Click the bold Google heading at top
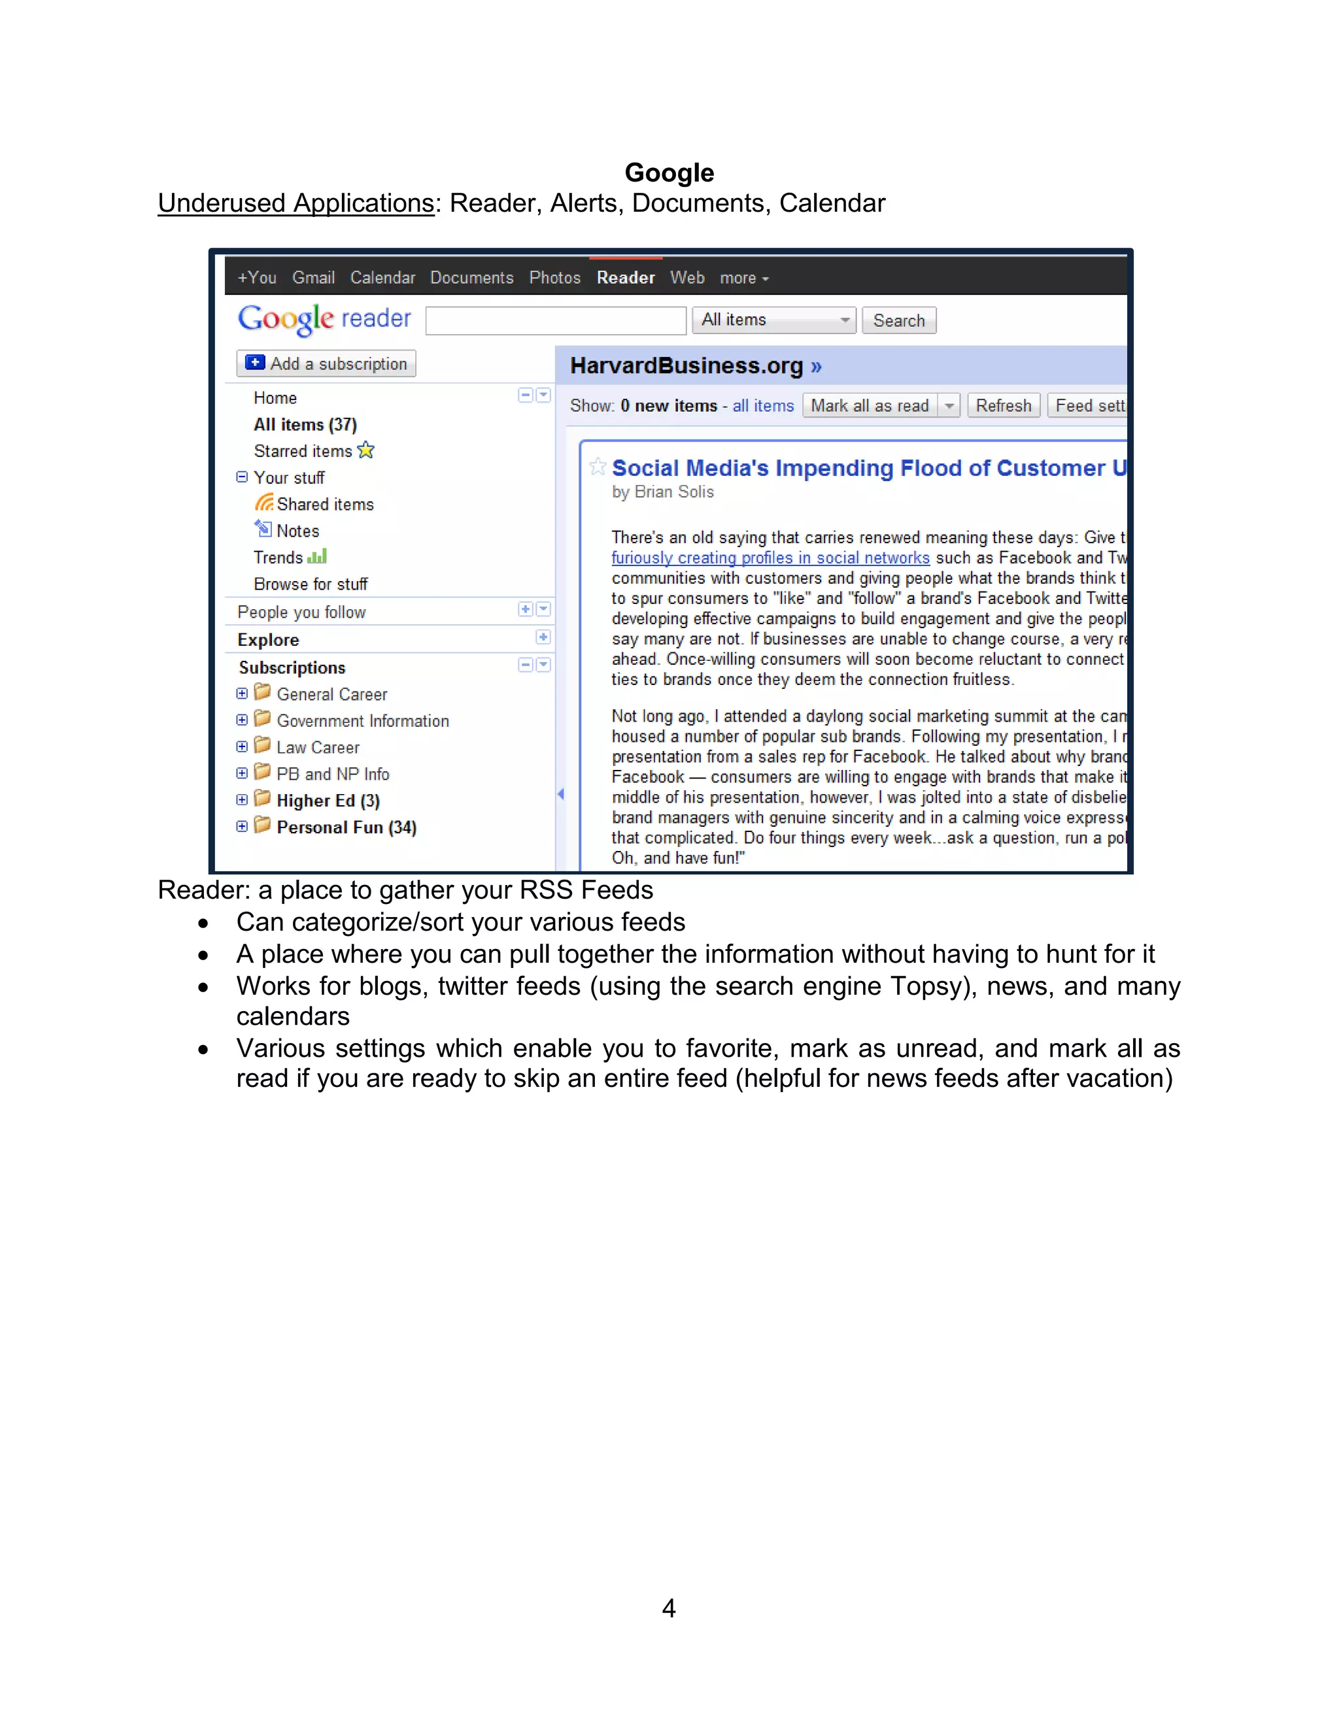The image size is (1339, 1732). pyautogui.click(x=669, y=173)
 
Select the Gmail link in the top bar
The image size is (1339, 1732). pyautogui.click(x=313, y=278)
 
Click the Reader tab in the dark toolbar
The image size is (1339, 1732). pyautogui.click(x=625, y=278)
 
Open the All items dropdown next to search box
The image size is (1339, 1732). pyautogui.click(x=773, y=320)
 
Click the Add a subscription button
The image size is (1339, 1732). pyautogui.click(x=326, y=364)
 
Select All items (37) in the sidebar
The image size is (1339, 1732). pyautogui.click(x=305, y=424)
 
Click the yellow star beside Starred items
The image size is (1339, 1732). pyautogui.click(x=365, y=450)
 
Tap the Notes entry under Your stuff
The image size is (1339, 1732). pyautogui.click(x=297, y=531)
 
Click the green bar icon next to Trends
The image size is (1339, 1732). pyautogui.click(x=317, y=557)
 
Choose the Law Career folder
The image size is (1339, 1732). pyautogui.click(x=317, y=747)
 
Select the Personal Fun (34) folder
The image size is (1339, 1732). pyautogui.click(x=346, y=827)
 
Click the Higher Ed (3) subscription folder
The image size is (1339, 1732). pyautogui.click(x=328, y=800)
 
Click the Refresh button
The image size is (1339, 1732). pyautogui.click(x=1003, y=406)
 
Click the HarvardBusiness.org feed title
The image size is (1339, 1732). pyautogui.click(x=686, y=365)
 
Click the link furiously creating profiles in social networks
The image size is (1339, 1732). pyautogui.click(x=770, y=558)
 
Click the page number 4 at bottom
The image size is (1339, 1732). pyautogui.click(x=669, y=1608)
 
